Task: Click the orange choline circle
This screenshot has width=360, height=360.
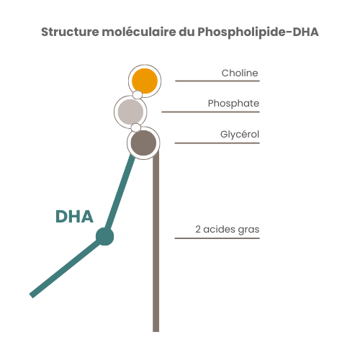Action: tap(144, 79)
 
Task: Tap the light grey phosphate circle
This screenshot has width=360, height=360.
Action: tap(130, 112)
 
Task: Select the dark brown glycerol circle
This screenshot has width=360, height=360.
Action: tap(143, 142)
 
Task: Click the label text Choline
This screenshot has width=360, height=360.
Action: tap(240, 73)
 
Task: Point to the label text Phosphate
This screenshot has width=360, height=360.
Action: tap(233, 103)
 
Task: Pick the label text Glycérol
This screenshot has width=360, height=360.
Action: tap(240, 134)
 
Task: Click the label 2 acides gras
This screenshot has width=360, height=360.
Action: tap(227, 230)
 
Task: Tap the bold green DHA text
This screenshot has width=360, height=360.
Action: tap(74, 217)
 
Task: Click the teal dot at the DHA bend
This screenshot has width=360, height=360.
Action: tap(105, 236)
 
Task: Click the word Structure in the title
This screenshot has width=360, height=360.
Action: tap(69, 32)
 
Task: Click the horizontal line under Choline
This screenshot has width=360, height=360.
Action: tap(217, 81)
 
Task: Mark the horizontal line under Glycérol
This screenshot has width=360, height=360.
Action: tap(217, 143)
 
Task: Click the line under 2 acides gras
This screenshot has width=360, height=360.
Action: tap(217, 238)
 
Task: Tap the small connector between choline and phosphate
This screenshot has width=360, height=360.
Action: tap(137, 94)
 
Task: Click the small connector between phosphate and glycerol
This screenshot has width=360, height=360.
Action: tap(135, 127)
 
